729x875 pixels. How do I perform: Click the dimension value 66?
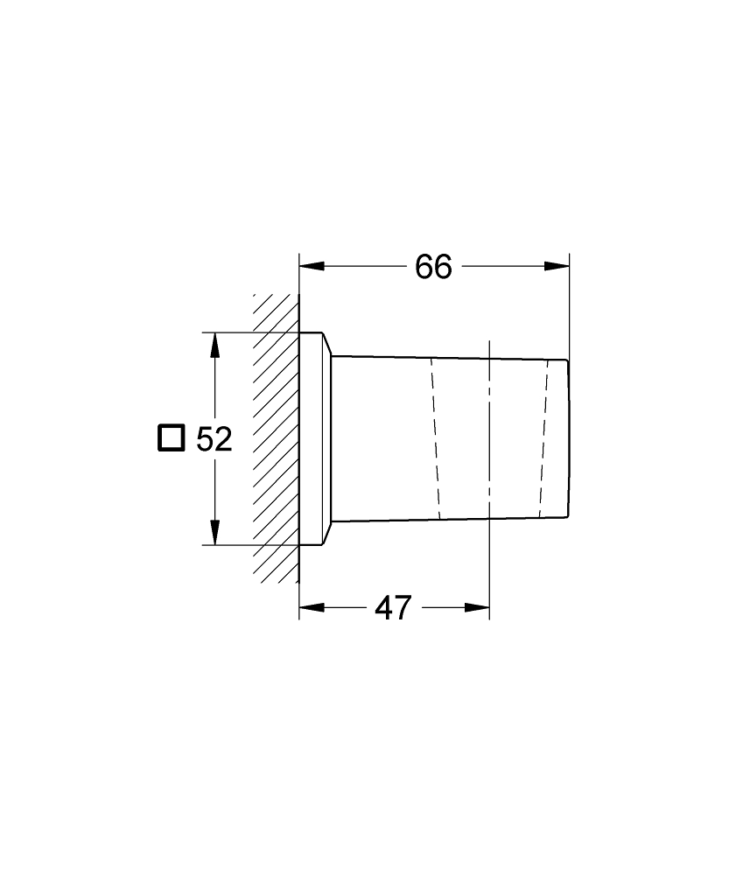coord(433,267)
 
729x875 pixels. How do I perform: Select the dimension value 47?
coord(393,607)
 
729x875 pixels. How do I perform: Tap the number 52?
coord(214,439)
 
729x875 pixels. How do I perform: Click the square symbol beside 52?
coord(172,437)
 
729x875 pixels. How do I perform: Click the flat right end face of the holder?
coord(569,437)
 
